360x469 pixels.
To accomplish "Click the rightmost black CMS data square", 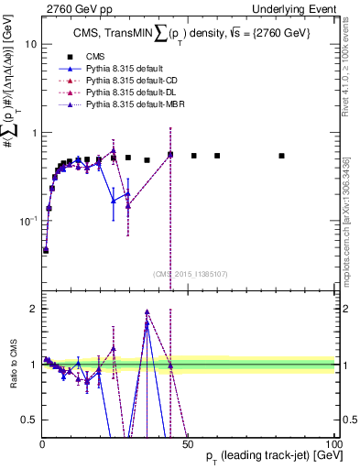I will coord(281,156).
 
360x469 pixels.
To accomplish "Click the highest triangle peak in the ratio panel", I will coord(147,312).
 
